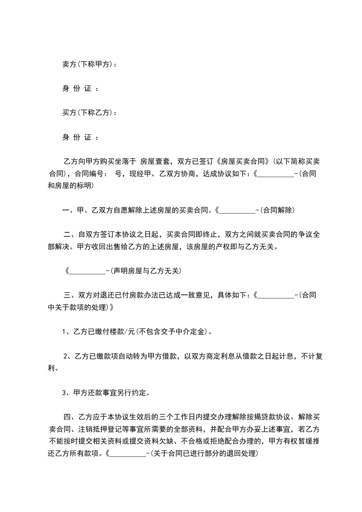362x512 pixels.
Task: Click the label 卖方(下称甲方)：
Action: tap(89, 64)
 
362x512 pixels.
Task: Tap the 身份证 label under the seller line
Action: tap(80, 89)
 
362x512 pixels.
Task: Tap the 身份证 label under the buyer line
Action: tap(80, 136)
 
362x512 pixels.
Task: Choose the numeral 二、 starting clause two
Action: tap(70, 235)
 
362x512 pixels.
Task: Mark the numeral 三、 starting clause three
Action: tap(70, 295)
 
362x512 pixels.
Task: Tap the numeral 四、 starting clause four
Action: tap(70, 417)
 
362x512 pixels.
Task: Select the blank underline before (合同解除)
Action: tap(237, 211)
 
